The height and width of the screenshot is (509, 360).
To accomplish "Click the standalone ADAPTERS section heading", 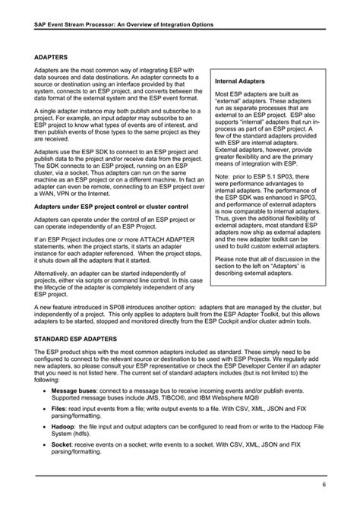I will [52, 57].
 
